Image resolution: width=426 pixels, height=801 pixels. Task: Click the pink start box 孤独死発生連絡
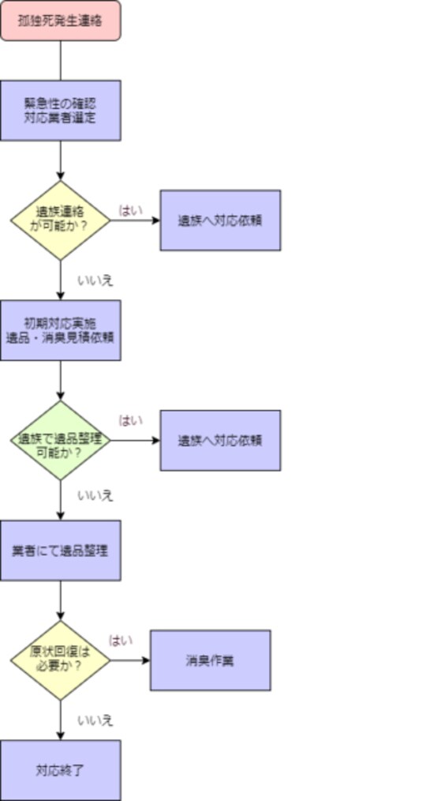point(60,20)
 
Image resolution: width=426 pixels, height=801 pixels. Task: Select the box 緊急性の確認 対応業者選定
point(60,110)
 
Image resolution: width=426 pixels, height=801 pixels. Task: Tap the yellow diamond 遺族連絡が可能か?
point(60,220)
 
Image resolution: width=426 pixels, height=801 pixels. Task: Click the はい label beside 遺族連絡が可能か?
point(131,210)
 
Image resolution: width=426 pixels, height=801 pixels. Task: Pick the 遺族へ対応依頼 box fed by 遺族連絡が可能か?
point(220,220)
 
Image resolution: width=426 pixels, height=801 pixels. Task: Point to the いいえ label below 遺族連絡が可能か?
point(95,280)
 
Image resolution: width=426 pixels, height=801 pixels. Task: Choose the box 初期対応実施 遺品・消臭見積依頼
point(60,330)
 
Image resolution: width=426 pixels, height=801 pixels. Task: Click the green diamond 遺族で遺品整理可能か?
point(60,440)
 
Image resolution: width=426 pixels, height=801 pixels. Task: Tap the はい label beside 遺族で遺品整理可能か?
point(131,420)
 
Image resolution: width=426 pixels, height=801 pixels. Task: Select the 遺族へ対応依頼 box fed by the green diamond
point(220,440)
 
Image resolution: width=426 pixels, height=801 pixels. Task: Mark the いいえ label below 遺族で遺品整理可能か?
point(95,496)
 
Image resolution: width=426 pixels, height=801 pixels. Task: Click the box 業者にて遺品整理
point(60,551)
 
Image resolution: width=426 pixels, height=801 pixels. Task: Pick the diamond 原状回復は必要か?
point(60,660)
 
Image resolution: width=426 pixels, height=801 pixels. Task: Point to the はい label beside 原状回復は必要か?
point(121,640)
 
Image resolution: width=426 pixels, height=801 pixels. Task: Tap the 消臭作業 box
point(210,660)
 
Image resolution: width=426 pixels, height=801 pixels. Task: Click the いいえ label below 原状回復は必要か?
point(95,720)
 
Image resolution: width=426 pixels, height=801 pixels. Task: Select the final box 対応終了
point(60,770)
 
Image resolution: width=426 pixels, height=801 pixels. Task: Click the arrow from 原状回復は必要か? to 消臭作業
point(129,660)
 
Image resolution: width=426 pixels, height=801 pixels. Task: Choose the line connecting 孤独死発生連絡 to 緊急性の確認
point(61,59)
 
